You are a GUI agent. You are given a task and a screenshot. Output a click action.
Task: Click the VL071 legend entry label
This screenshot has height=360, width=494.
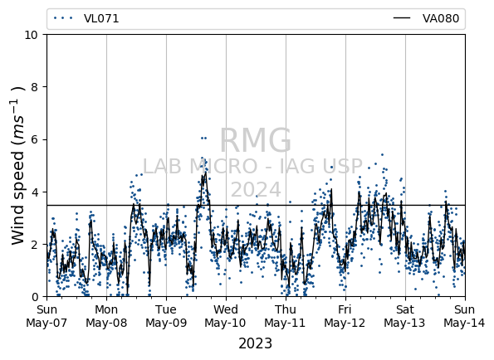point(101,18)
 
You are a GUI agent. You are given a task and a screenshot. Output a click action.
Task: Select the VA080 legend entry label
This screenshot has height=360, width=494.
point(441,18)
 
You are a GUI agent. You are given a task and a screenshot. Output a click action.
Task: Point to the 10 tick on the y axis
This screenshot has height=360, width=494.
point(32,35)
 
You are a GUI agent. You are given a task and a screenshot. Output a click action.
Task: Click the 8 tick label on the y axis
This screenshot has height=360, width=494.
point(35,87)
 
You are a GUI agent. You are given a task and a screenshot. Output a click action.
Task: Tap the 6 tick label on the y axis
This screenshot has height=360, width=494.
point(35,139)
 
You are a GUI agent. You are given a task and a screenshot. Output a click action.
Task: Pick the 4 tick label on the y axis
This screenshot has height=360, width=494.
point(35,192)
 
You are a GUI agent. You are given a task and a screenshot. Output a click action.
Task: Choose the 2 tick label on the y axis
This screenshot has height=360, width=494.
point(35,244)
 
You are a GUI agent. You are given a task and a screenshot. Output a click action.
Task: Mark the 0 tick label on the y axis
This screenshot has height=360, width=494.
point(35,297)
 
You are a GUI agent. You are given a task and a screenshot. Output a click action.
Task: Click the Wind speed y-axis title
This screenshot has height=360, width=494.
point(17,166)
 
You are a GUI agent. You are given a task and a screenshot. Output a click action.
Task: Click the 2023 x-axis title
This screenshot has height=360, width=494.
point(255,343)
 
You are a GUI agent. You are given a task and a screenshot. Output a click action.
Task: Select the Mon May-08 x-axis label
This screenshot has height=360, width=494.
point(106,316)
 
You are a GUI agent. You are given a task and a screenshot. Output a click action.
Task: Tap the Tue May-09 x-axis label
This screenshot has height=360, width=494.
point(166,316)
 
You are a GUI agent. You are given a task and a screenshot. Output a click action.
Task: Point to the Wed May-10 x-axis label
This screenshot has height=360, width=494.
point(225,316)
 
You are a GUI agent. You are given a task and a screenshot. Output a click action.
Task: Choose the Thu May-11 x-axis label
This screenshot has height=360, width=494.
point(285,316)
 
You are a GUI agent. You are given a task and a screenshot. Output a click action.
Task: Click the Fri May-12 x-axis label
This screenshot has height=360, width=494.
point(345,316)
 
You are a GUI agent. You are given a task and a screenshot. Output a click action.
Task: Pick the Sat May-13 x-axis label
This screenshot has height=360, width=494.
point(404,316)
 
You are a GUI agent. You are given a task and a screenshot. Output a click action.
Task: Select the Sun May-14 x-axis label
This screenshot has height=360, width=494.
point(464,316)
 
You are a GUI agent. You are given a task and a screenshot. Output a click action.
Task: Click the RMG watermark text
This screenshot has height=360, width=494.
point(255,140)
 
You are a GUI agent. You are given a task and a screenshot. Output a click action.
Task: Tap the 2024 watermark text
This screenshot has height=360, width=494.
point(256,190)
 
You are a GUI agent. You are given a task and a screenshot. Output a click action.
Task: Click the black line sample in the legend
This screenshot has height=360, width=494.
point(402,18)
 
